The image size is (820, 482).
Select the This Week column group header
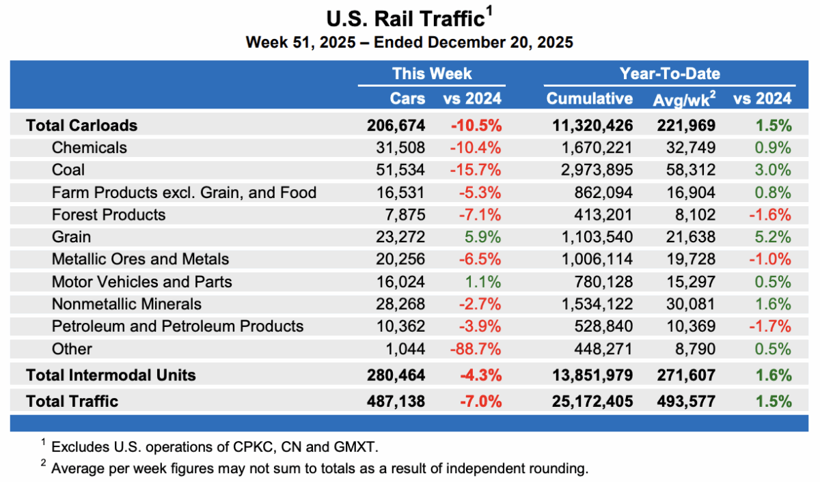point(431,74)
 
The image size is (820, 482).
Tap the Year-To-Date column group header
point(669,74)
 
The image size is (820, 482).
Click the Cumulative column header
point(589,98)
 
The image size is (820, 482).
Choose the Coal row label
point(68,170)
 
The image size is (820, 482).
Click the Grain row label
point(71,237)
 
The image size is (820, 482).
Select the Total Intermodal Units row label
point(111,375)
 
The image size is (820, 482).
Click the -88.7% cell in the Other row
point(476,349)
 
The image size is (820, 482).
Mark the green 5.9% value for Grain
point(484,237)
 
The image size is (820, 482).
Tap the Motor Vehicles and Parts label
point(141,281)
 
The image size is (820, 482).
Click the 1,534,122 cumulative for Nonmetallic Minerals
point(592,304)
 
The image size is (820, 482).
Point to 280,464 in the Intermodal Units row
point(396,375)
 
